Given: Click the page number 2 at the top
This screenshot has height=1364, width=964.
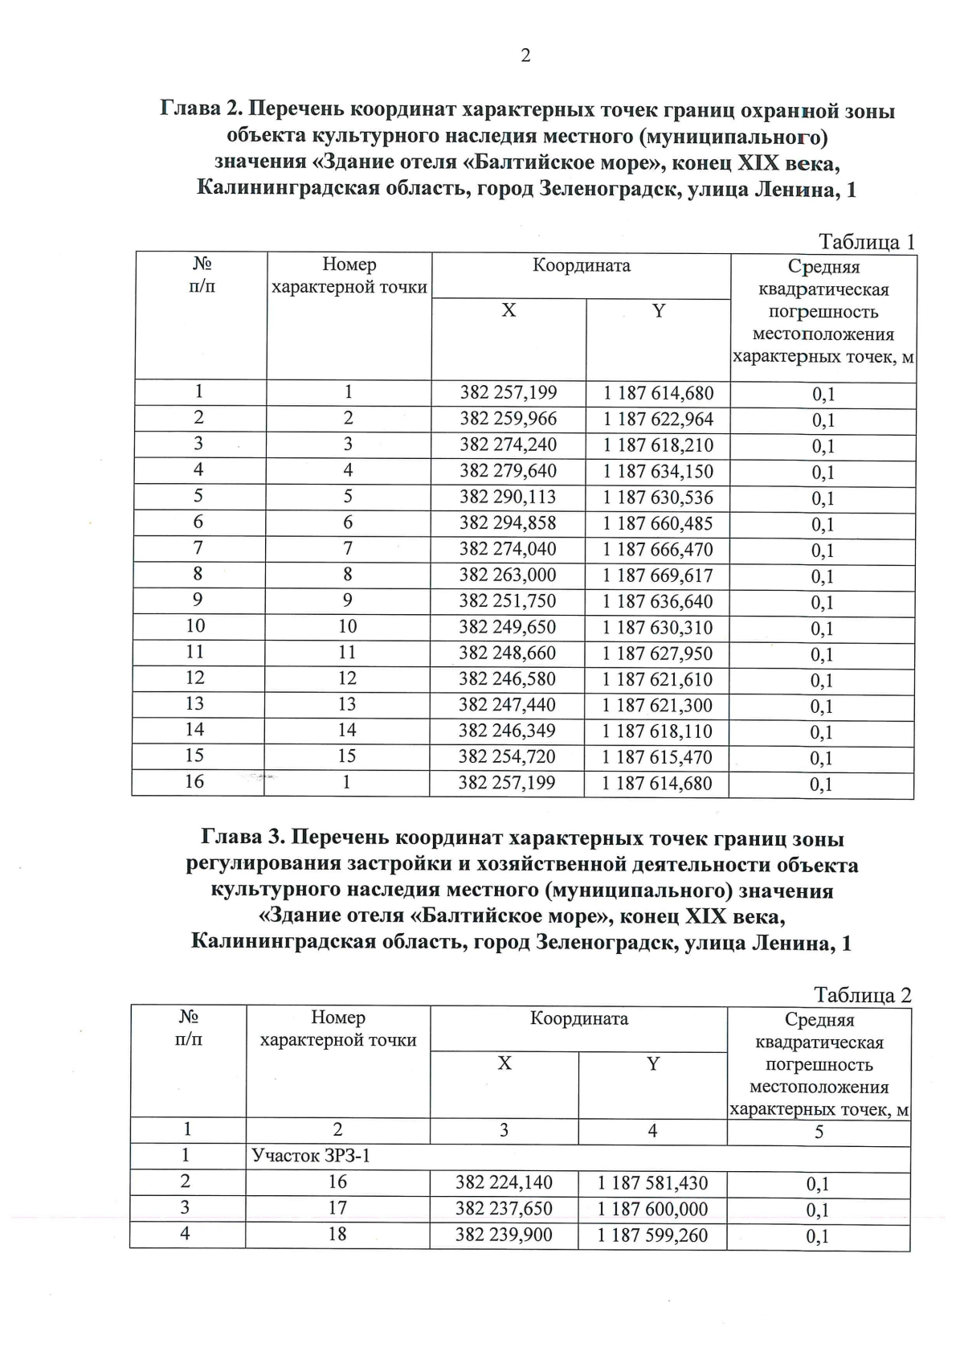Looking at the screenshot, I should (525, 55).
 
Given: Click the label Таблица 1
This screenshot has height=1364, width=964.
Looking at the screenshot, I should (866, 242).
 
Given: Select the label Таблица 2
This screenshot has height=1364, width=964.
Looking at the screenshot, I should (863, 995).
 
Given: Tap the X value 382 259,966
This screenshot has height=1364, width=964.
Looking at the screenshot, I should (508, 419).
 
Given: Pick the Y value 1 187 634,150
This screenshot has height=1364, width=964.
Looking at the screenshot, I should (658, 471).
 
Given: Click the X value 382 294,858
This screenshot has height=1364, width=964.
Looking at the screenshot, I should (508, 523).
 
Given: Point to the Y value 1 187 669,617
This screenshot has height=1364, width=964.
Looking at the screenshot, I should (658, 576).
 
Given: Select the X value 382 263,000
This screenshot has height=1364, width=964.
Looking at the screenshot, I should (508, 576).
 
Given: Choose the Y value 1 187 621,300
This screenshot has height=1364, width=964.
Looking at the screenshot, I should (658, 706).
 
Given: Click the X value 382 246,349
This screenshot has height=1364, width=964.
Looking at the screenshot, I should (507, 731).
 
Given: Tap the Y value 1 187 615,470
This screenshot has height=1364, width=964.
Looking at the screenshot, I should (657, 757).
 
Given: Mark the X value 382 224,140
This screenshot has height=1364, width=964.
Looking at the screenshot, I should (504, 1182).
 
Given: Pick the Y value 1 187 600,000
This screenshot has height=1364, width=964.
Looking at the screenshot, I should (652, 1209).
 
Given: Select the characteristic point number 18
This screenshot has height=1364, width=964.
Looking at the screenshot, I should (337, 1234).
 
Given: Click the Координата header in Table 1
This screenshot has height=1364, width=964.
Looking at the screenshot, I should (581, 266).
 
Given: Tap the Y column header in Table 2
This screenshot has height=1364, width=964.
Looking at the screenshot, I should (653, 1064).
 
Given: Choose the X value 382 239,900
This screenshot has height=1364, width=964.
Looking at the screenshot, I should (504, 1235).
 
